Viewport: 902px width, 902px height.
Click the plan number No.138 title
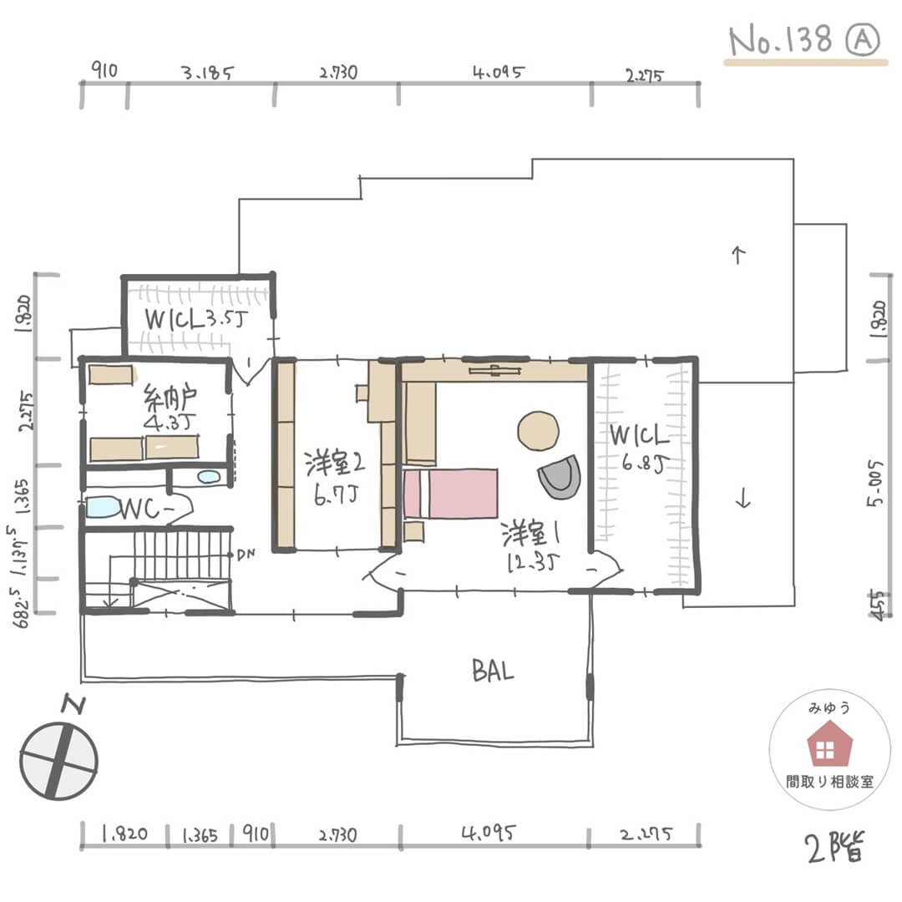(781, 39)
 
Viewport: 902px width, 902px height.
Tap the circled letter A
(861, 39)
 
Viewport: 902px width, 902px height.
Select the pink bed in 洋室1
(451, 494)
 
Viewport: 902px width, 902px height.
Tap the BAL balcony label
(492, 670)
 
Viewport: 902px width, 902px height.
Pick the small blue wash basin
(209, 478)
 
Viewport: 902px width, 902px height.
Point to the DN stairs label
(246, 554)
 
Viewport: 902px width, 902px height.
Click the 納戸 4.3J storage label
(171, 408)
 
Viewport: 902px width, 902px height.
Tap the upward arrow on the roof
(737, 255)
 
